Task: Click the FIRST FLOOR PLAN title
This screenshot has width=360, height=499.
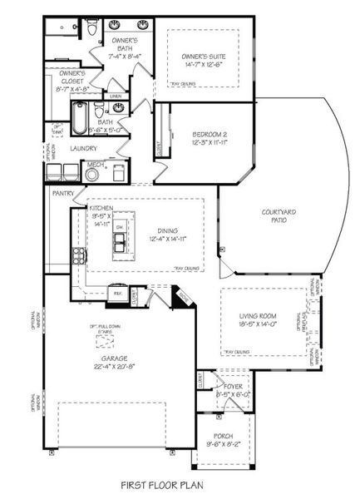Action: click(161, 482)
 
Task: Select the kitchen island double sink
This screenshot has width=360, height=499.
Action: click(121, 242)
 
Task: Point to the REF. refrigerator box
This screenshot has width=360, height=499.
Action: click(118, 293)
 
